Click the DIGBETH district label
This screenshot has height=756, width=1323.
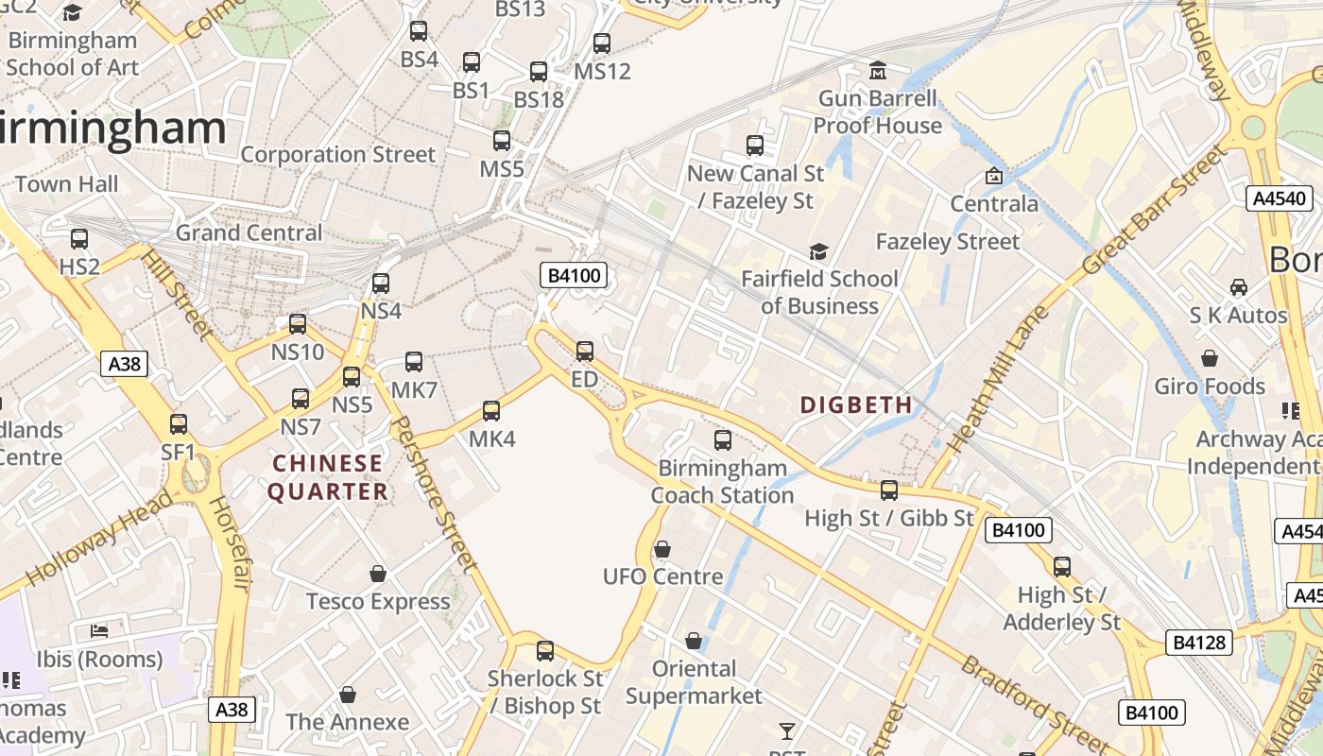tap(856, 404)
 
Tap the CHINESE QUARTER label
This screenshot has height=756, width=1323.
tap(328, 477)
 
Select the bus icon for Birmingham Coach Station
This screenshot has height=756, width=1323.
tap(723, 440)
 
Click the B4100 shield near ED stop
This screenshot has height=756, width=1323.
tap(573, 276)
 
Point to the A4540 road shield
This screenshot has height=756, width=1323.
tap(1280, 198)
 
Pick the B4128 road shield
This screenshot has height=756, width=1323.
tap(1199, 643)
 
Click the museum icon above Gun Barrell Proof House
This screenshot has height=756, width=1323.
tap(878, 71)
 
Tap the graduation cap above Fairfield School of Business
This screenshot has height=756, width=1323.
tap(818, 252)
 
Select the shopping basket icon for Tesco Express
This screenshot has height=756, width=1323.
tap(378, 574)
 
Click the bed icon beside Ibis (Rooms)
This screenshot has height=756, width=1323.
tap(99, 630)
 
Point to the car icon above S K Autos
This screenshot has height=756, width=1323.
tap(1238, 287)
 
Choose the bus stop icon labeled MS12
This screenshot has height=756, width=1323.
tap(602, 43)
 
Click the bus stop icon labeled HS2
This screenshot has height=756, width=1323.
tap(79, 239)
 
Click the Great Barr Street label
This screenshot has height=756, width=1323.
tap(1155, 211)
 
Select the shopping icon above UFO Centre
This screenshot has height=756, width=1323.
tap(662, 549)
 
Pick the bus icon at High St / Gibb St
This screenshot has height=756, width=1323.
tap(889, 490)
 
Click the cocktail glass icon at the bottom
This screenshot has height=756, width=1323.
tap(786, 730)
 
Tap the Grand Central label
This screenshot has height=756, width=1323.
tap(249, 232)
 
